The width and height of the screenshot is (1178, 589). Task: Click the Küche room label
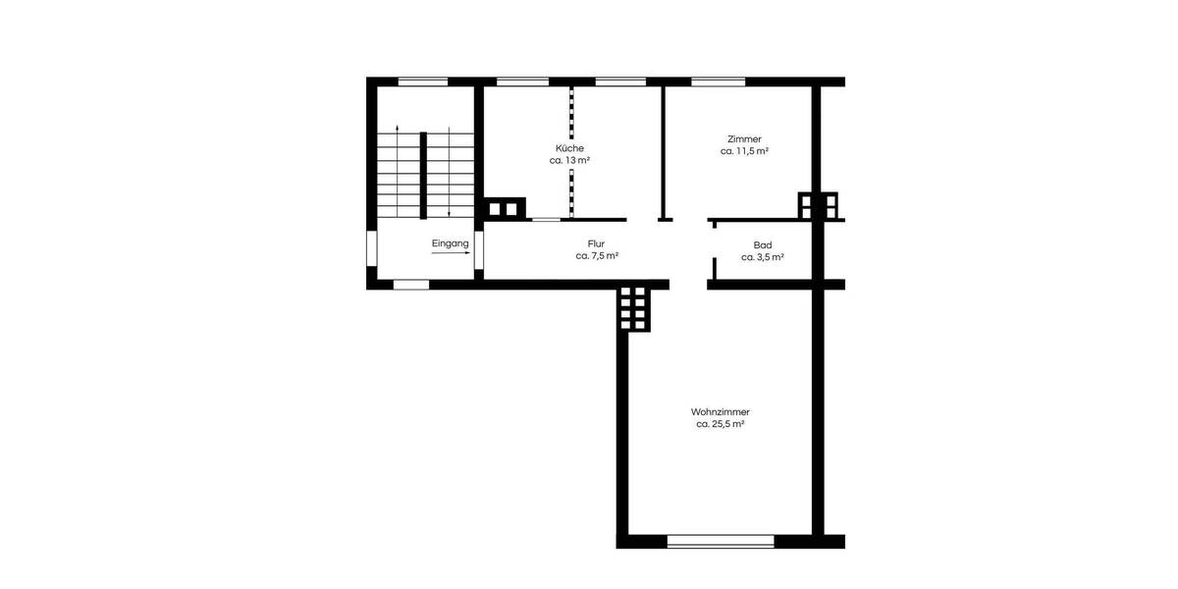click(569, 147)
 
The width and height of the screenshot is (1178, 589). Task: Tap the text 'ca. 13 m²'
click(569, 160)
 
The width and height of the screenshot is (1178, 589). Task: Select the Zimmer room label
click(744, 139)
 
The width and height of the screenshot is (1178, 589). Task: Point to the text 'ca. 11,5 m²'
click(744, 152)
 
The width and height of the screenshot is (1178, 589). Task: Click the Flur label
click(596, 242)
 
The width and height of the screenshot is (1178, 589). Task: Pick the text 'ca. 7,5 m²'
click(597, 256)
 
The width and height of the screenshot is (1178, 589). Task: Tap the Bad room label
click(762, 244)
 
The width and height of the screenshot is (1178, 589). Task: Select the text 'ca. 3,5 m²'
click(762, 257)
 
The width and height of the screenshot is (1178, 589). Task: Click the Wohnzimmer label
click(721, 411)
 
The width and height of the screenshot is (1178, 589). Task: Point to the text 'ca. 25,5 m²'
click(721, 424)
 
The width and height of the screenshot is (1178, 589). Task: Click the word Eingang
click(451, 242)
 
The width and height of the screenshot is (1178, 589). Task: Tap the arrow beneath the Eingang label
click(451, 254)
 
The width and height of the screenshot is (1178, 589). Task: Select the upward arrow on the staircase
click(397, 167)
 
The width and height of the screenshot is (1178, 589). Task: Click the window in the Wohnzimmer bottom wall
click(720, 540)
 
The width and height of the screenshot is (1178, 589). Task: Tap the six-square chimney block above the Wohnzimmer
click(633, 309)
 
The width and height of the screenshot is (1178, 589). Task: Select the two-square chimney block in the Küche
click(503, 208)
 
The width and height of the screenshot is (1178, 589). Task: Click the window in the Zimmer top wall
click(717, 81)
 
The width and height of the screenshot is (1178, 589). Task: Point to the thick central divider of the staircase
click(423, 174)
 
